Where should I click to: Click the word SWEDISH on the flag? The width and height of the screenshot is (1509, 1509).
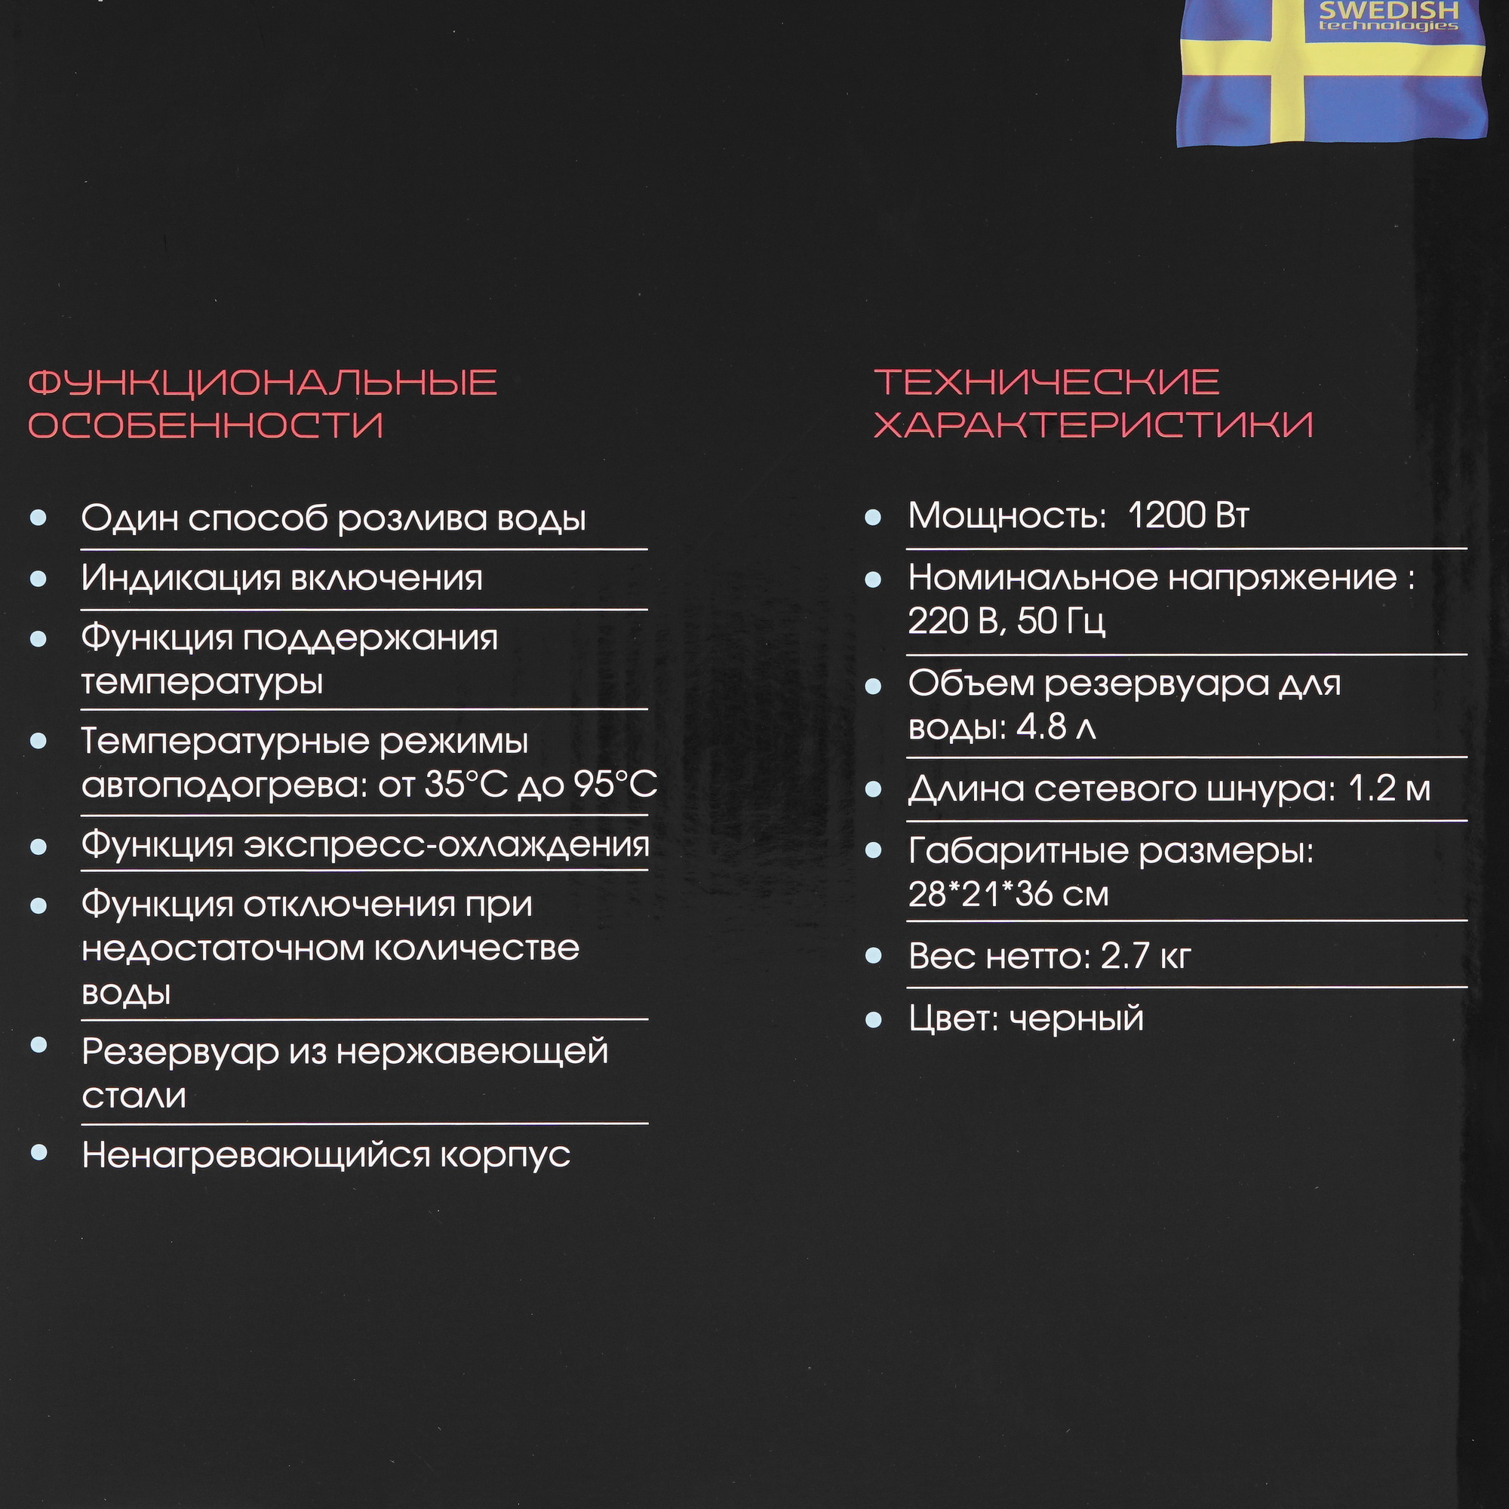tap(1388, 11)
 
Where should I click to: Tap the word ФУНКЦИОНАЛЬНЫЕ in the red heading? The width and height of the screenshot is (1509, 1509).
tap(263, 383)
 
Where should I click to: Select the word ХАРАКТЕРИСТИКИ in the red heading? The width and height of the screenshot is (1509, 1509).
tap(1093, 425)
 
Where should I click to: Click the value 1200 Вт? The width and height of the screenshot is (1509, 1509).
tap(1189, 515)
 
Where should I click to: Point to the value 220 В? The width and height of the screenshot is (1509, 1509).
tap(953, 621)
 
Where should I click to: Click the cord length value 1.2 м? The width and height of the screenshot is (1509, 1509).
tap(1390, 789)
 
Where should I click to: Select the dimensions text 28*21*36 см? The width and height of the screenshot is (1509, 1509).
tap(1008, 893)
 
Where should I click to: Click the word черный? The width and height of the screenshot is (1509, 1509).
tap(1077, 1019)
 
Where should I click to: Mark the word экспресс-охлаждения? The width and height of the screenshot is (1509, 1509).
tap(446, 845)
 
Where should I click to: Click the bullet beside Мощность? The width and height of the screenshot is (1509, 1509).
tap(873, 517)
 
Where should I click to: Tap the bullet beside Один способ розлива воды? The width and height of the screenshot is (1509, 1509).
tap(38, 518)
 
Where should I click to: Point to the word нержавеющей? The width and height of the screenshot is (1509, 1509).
tap(472, 1052)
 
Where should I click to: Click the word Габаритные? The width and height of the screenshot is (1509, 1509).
tap(1019, 851)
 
